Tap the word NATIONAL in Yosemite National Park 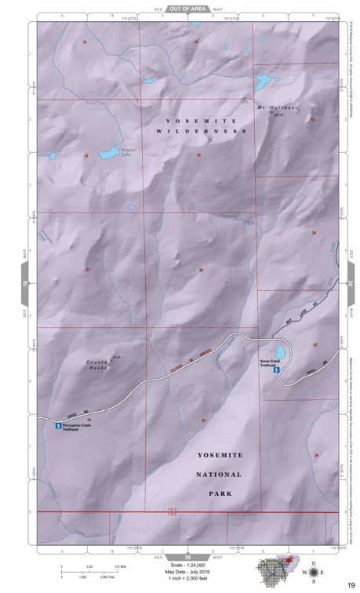(220, 475)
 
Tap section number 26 (202, 270)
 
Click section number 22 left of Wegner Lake (86, 156)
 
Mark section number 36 (316, 456)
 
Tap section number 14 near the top (196, 41)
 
